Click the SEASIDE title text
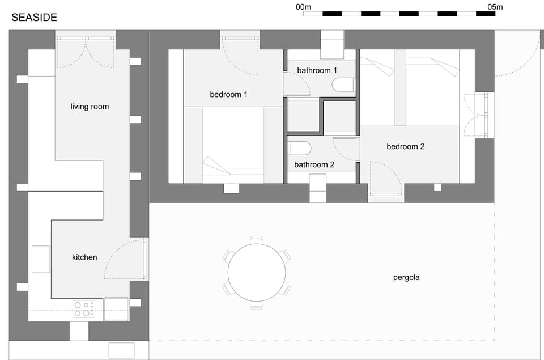click(34, 18)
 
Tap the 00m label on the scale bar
click(304, 7)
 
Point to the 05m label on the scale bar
click(495, 7)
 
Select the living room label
click(90, 107)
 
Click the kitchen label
click(84, 257)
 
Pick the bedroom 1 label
click(228, 95)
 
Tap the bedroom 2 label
click(405, 147)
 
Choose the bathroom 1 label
click(317, 70)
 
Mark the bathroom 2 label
click(314, 165)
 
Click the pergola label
click(406, 278)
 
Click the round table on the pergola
click(257, 273)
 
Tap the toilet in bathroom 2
click(300, 149)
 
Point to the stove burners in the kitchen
click(83, 308)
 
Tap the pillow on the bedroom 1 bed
click(215, 167)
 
